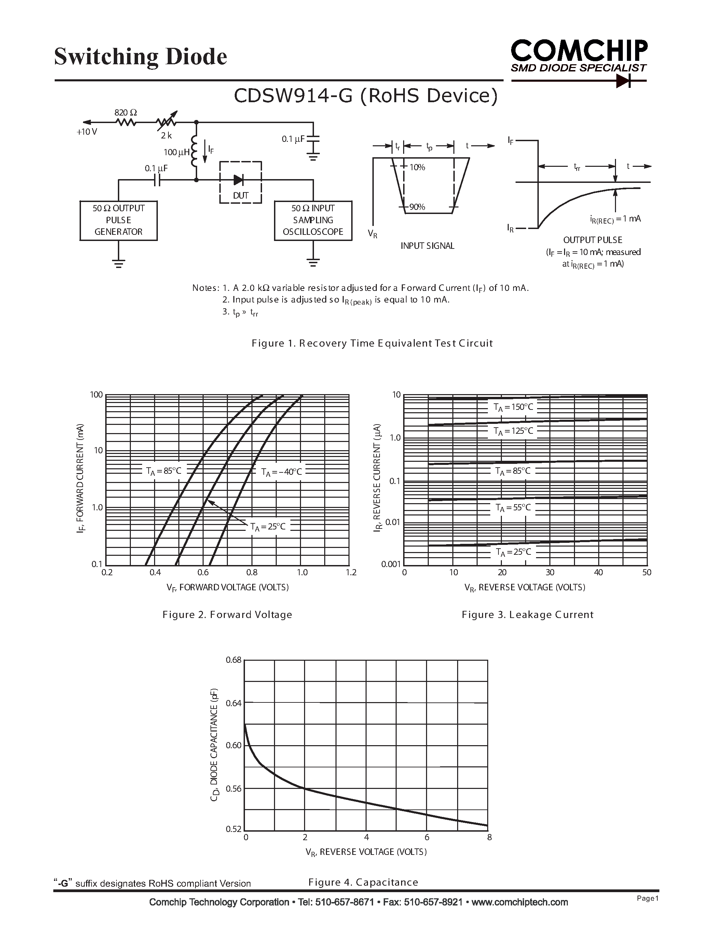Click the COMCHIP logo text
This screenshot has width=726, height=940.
tap(578, 51)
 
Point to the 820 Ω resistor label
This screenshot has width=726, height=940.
tap(126, 113)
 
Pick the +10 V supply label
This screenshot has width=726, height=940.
tap(86, 132)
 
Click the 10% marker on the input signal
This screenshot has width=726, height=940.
tap(417, 167)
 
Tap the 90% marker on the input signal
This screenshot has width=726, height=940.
tap(417, 207)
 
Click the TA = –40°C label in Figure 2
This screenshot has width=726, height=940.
tap(282, 472)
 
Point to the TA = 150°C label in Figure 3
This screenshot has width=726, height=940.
tap(513, 407)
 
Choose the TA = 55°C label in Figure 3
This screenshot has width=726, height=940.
tap(513, 508)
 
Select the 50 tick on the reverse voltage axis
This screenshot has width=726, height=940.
tap(646, 573)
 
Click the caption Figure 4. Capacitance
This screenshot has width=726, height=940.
tap(363, 882)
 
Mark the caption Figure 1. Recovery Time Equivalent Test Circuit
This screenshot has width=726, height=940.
tap(372, 343)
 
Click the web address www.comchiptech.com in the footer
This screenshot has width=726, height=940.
tap(520, 902)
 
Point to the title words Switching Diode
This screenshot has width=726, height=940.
tap(141, 57)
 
